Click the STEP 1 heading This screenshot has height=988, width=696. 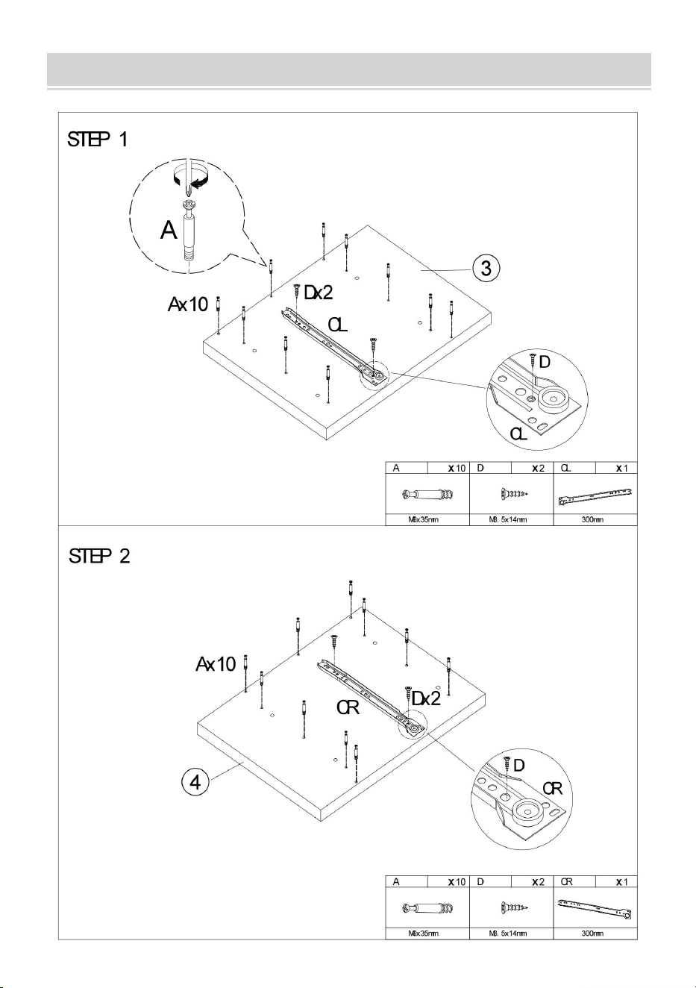[x=98, y=140]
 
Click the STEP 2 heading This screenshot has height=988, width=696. [x=99, y=556]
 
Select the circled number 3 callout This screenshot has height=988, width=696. [x=486, y=268]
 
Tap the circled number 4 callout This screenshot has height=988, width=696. [x=195, y=782]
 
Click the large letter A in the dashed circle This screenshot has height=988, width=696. [x=169, y=231]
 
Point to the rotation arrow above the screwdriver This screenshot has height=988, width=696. [x=189, y=175]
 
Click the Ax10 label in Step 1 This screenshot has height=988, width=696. [x=187, y=304]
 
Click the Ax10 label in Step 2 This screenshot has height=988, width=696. [x=216, y=664]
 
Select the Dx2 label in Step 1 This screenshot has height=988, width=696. [x=319, y=293]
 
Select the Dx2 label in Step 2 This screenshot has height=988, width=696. [x=426, y=698]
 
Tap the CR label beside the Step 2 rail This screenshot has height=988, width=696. [x=348, y=708]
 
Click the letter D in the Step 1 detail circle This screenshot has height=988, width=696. [x=545, y=362]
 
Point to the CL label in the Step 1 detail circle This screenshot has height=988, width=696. [x=519, y=434]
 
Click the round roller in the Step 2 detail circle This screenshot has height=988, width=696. [x=529, y=810]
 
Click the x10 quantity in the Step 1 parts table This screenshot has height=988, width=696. [x=457, y=468]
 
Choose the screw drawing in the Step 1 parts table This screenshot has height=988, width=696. [x=514, y=494]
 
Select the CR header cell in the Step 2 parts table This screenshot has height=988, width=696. [x=574, y=882]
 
